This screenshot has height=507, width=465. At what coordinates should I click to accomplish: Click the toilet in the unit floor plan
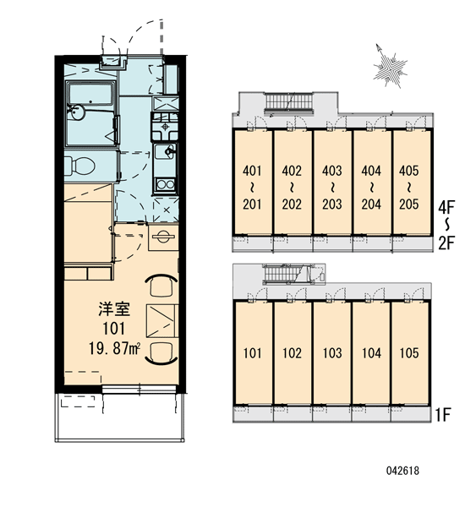[79, 166]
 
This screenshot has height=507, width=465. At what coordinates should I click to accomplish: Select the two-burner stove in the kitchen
[166, 184]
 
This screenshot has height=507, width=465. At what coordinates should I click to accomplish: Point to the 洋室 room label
[114, 308]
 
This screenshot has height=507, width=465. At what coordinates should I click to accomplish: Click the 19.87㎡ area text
[114, 349]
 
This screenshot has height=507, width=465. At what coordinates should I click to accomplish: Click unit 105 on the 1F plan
[410, 352]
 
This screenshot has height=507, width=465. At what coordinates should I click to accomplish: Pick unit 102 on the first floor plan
[293, 352]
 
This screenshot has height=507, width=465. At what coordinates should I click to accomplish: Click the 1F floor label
[443, 415]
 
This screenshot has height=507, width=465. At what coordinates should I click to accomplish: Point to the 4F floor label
[446, 207]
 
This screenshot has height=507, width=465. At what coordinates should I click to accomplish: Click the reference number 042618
[402, 471]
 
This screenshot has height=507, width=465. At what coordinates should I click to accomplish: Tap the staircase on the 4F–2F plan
[290, 102]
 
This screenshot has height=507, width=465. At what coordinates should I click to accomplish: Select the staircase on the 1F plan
[282, 273]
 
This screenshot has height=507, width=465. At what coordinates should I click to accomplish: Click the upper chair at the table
[161, 286]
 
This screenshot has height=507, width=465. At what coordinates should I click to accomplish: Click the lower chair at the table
[161, 353]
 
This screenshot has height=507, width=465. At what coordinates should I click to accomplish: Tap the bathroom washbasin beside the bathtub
[77, 112]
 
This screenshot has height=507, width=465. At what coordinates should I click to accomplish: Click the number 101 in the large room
[114, 329]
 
